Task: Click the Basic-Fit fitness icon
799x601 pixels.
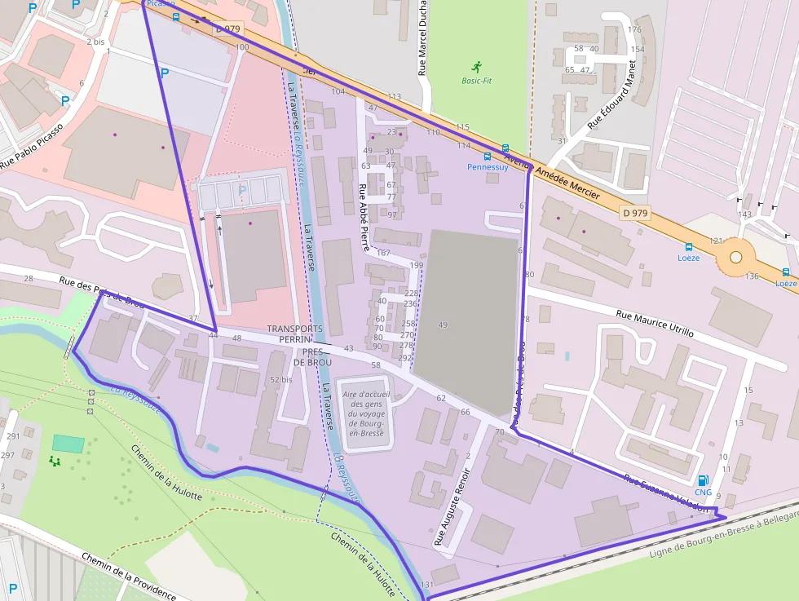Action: (x=476, y=66)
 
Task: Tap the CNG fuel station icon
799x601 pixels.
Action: (x=703, y=480)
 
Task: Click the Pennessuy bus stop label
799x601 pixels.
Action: (x=488, y=167)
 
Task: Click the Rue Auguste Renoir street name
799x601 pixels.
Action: (x=452, y=506)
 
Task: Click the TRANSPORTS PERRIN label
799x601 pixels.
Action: (x=295, y=334)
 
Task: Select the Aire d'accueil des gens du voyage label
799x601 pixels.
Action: (x=364, y=413)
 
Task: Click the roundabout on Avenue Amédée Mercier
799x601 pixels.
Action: (x=735, y=257)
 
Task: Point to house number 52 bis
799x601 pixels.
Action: (x=280, y=380)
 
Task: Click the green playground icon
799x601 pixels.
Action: (x=55, y=461)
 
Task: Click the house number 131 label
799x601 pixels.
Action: (x=426, y=586)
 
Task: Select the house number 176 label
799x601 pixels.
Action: (x=634, y=30)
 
